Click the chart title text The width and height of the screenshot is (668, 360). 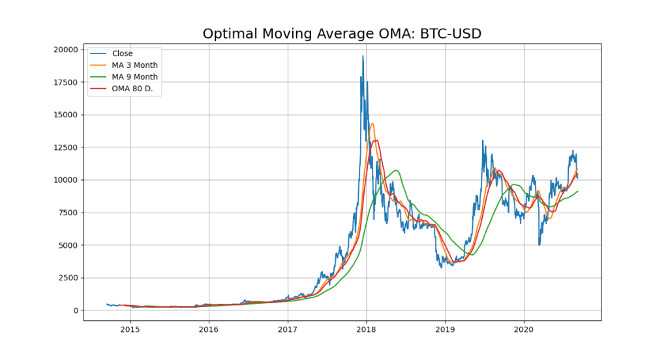342,34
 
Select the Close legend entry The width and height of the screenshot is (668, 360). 122,53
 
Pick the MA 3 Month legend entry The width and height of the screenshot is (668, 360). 134,65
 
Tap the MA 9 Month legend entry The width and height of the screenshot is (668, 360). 134,77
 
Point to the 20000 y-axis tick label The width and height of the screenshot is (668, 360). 66,50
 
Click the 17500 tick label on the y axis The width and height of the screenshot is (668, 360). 66,82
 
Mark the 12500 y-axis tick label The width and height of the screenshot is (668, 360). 66,147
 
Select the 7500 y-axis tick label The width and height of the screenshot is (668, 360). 68,213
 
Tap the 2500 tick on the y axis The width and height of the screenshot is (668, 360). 68,278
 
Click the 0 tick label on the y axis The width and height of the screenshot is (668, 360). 76,310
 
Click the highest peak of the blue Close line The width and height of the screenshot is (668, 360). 363,56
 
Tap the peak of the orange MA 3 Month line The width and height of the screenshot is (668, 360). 372,123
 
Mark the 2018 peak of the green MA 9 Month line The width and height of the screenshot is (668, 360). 396,170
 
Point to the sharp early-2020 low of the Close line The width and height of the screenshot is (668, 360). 539,245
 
